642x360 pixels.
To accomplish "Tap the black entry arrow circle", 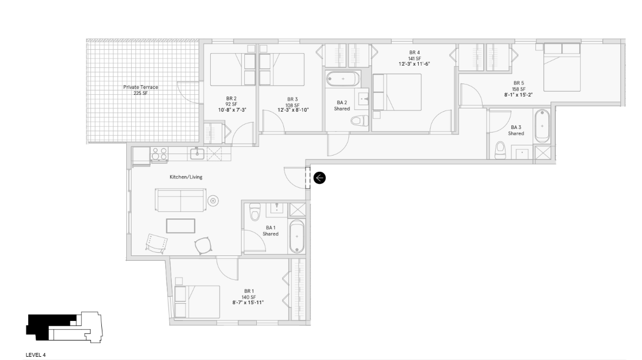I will tap(319, 177).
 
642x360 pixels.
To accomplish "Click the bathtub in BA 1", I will tap(297, 236).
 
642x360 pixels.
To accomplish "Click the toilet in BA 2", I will tap(359, 121).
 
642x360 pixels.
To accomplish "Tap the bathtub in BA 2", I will tap(343, 79).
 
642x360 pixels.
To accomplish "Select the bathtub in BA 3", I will tap(542, 126).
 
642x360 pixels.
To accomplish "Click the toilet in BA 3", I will tap(500, 150).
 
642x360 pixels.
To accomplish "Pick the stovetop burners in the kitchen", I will tap(160, 154).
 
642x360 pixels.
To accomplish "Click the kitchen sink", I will tap(198, 154).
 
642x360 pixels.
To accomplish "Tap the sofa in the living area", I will tap(179, 201).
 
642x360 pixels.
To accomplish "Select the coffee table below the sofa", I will tap(180, 226).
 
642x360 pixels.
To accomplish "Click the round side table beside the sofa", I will tap(213, 201).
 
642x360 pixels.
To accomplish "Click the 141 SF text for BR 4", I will tap(414, 59).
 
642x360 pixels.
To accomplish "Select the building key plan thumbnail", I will tap(63, 327).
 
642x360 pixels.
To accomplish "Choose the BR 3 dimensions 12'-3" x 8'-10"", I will tap(293, 110).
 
